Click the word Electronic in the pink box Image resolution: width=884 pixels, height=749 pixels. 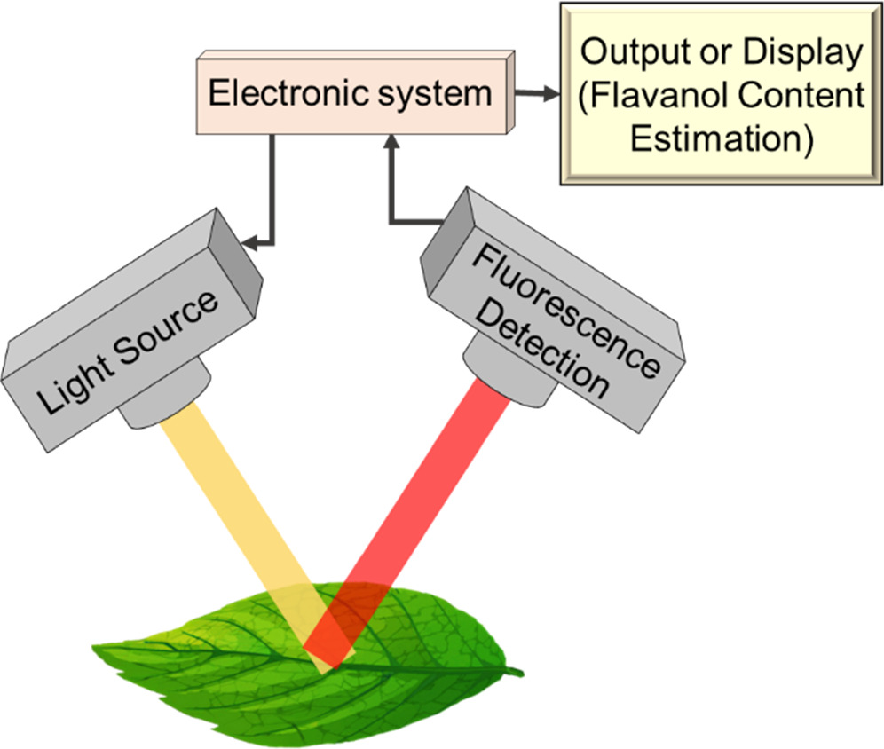click(x=276, y=92)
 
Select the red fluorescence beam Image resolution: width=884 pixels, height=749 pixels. click(x=417, y=515)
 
